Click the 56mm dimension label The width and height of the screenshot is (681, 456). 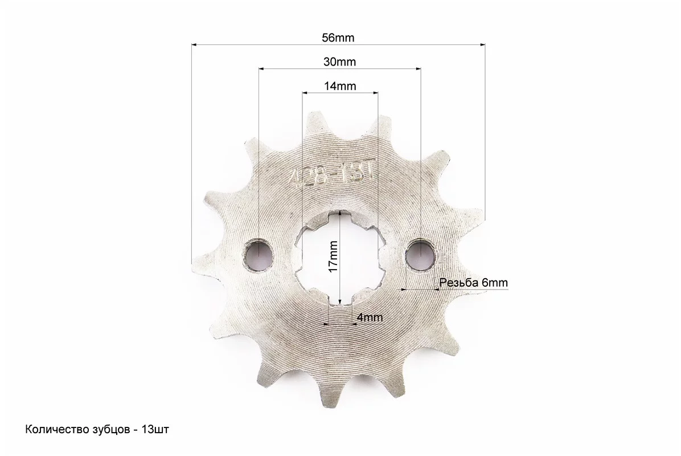coord(338,38)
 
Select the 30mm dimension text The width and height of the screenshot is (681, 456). coord(339,62)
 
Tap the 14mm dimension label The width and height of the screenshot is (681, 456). coord(340,86)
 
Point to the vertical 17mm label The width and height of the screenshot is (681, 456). coord(333,256)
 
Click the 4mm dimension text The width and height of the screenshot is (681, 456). coord(370,317)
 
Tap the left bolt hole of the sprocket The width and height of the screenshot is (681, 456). coord(259,254)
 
